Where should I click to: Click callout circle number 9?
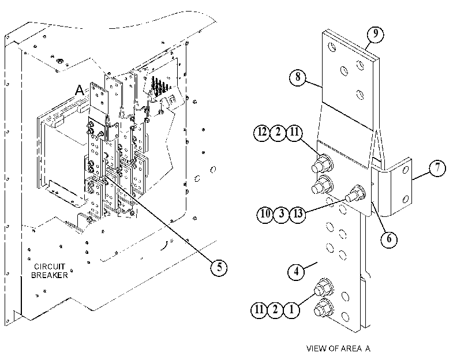tap(375, 34)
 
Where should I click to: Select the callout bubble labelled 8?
tap(298, 77)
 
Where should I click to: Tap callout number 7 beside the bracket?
tap(437, 168)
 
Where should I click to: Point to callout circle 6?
tap(389, 239)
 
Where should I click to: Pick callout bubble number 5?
tap(219, 267)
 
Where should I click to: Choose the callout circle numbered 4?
tap(296, 271)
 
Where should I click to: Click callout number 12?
tap(262, 132)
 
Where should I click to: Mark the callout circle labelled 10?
tap(265, 214)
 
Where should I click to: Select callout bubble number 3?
tap(281, 214)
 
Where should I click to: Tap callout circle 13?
tap(298, 214)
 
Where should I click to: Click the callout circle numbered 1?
tap(291, 310)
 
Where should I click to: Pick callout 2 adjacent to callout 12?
tap(278, 132)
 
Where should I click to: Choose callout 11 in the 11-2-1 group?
tap(259, 310)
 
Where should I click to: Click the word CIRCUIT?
tap(50, 267)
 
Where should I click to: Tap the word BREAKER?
tap(50, 275)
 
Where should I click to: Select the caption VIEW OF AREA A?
tap(338, 348)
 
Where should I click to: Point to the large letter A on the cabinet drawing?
tap(80, 90)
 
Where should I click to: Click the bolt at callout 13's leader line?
tap(356, 193)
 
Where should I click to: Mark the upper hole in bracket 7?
tap(406, 170)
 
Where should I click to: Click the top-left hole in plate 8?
tap(332, 47)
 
